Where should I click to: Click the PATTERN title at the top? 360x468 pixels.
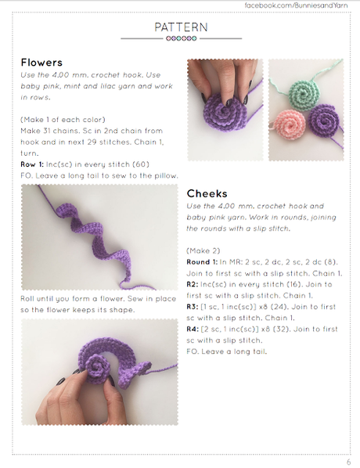pos(181,27)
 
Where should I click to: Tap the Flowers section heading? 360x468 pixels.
pos(41,63)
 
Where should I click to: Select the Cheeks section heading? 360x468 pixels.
pos(207,193)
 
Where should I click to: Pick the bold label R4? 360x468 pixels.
pos(194,329)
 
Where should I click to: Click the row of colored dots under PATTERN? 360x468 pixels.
pos(181,38)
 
